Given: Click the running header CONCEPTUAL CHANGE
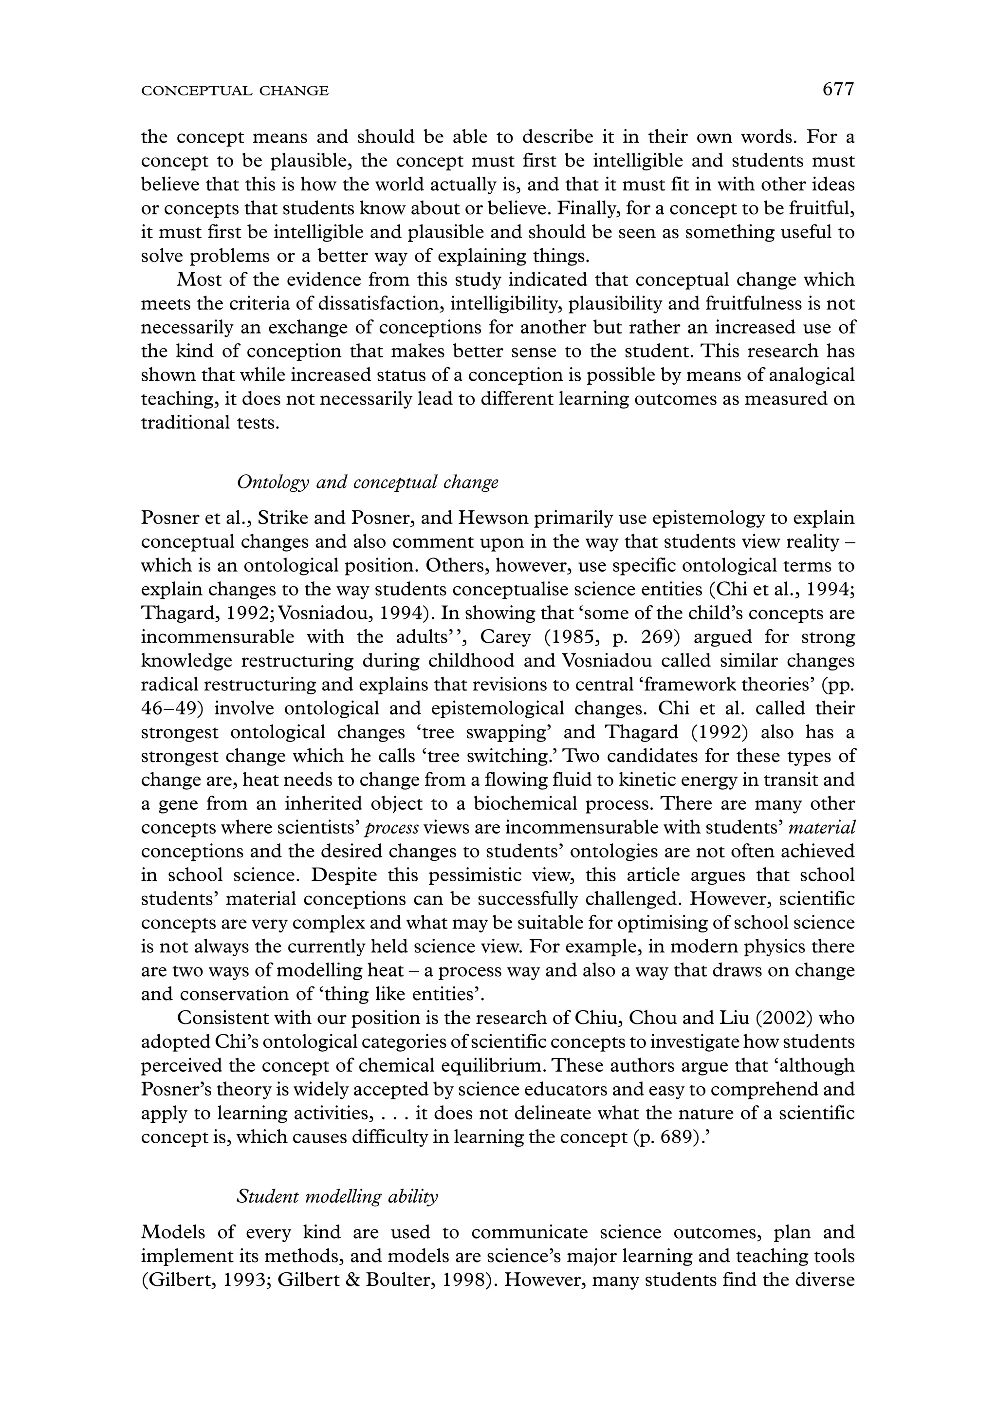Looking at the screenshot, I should click(235, 92).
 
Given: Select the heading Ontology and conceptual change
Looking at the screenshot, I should click(367, 482).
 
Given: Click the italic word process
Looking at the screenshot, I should click(391, 828).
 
